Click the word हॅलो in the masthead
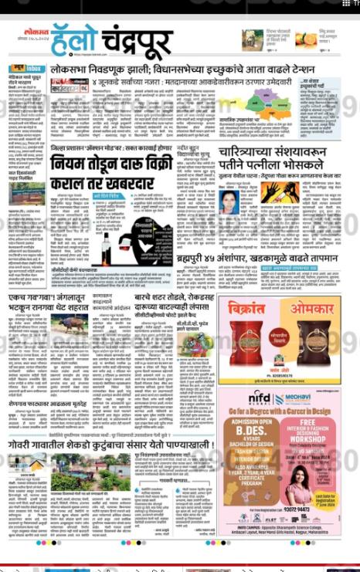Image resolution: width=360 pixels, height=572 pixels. [73, 41]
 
